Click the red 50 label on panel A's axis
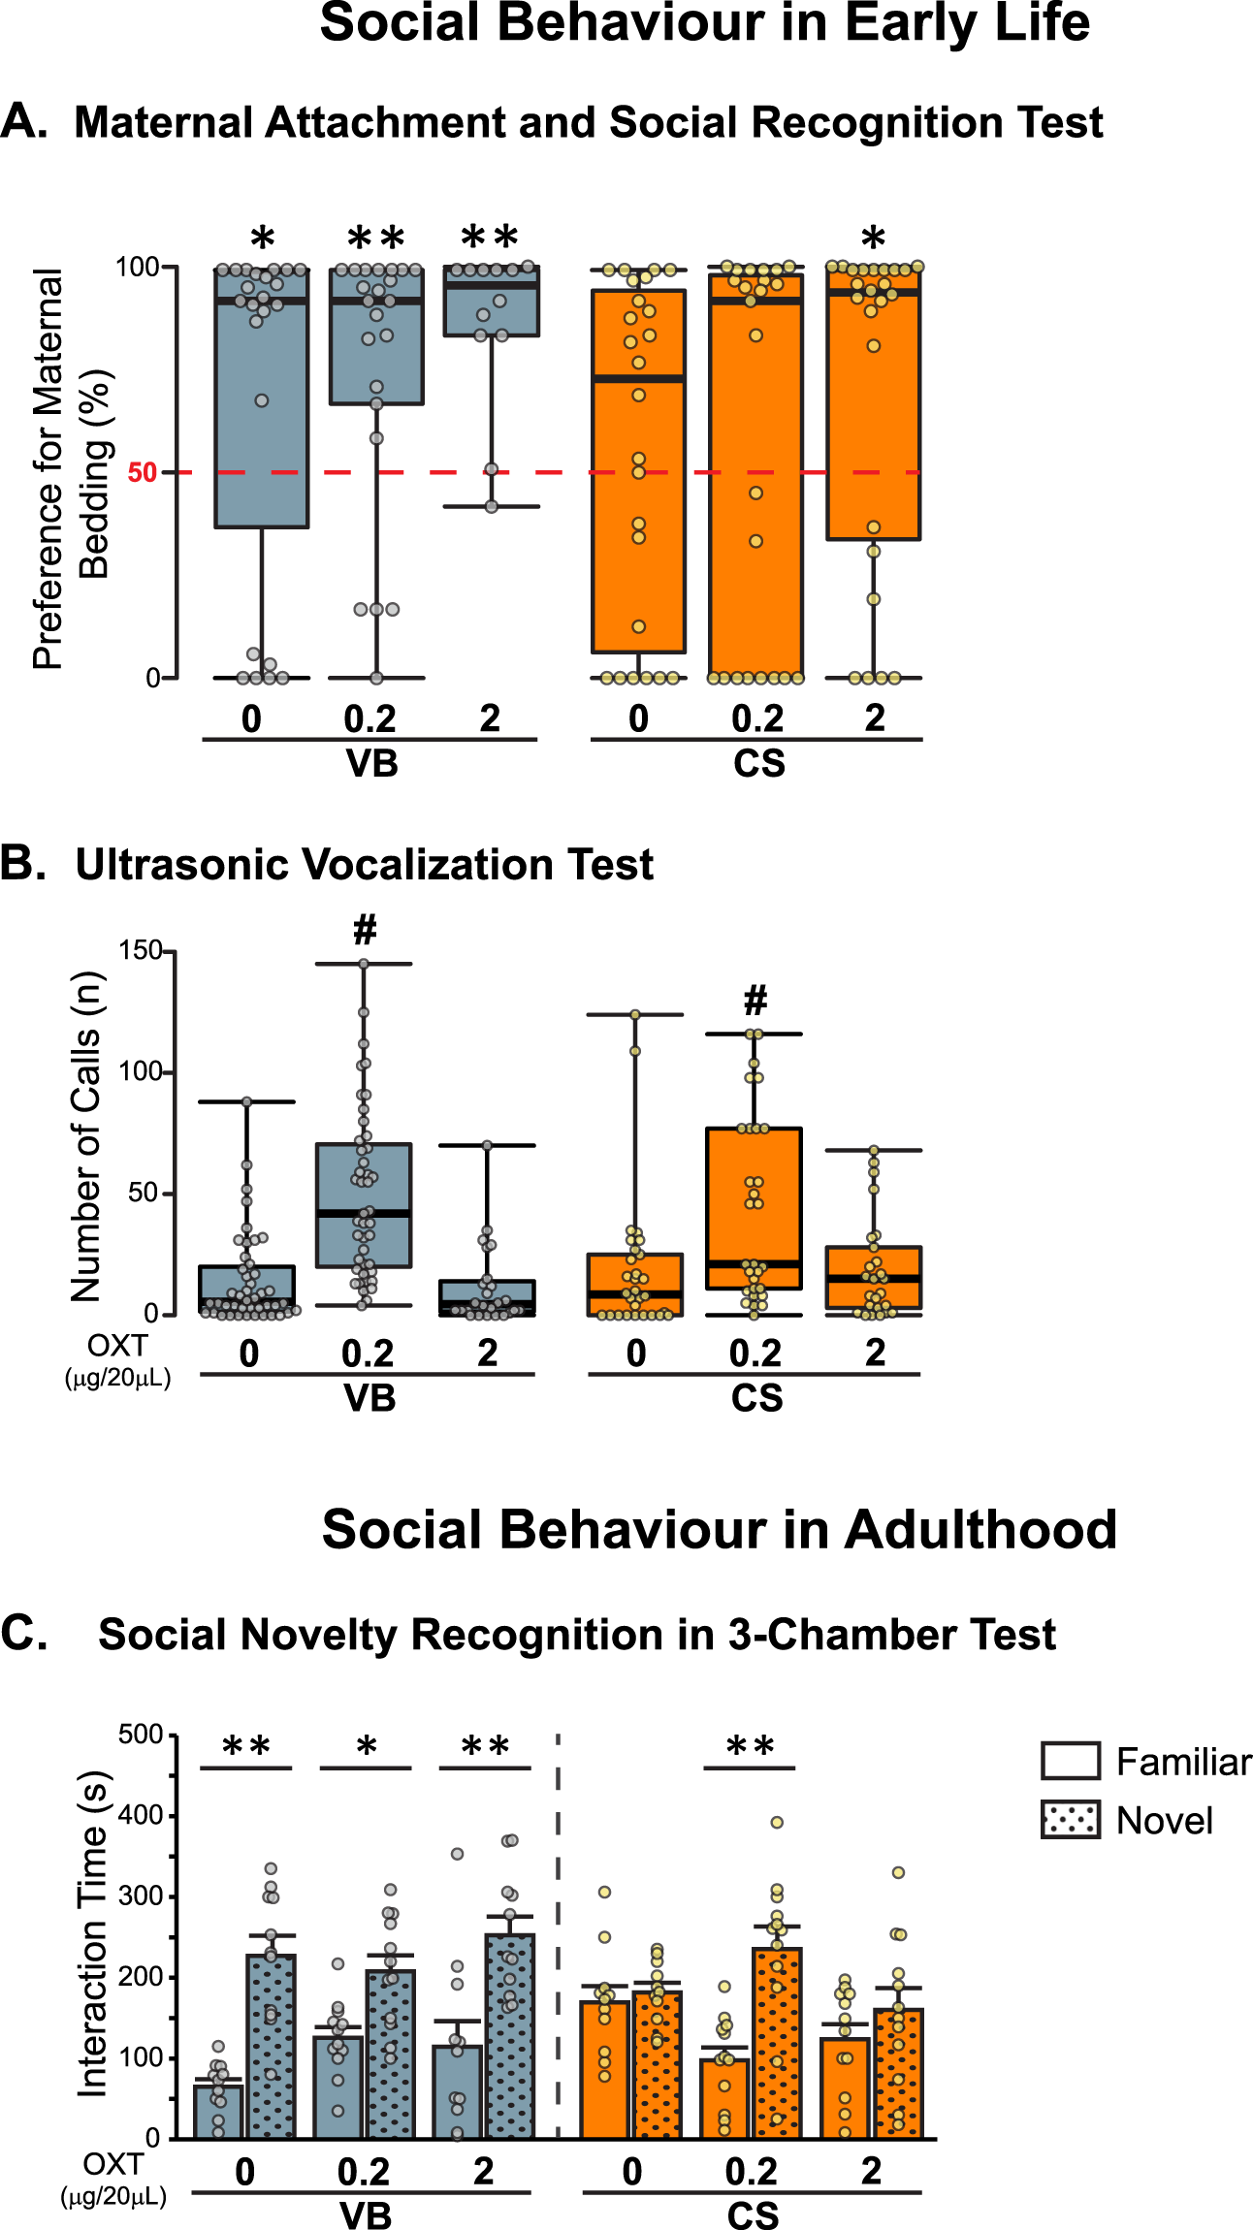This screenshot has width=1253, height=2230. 142,473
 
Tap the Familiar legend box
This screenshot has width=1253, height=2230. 1070,1761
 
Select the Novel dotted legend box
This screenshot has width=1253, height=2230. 1070,1820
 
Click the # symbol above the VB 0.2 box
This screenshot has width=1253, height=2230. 365,930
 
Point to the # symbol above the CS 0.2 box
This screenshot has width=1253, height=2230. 755,1000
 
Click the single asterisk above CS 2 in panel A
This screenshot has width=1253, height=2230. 873,238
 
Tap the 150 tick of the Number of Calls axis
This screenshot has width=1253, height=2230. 141,950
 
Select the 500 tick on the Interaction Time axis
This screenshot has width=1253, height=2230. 141,1735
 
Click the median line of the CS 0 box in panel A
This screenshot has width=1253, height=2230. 638,378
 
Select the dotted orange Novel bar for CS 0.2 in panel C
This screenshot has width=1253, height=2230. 777,2046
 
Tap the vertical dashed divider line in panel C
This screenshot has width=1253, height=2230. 558,1939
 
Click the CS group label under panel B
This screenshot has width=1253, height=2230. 756,1398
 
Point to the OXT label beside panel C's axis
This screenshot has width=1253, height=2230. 112,2165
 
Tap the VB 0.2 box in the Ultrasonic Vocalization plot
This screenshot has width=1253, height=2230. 364,1205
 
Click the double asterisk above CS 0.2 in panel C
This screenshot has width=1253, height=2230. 750,1747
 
